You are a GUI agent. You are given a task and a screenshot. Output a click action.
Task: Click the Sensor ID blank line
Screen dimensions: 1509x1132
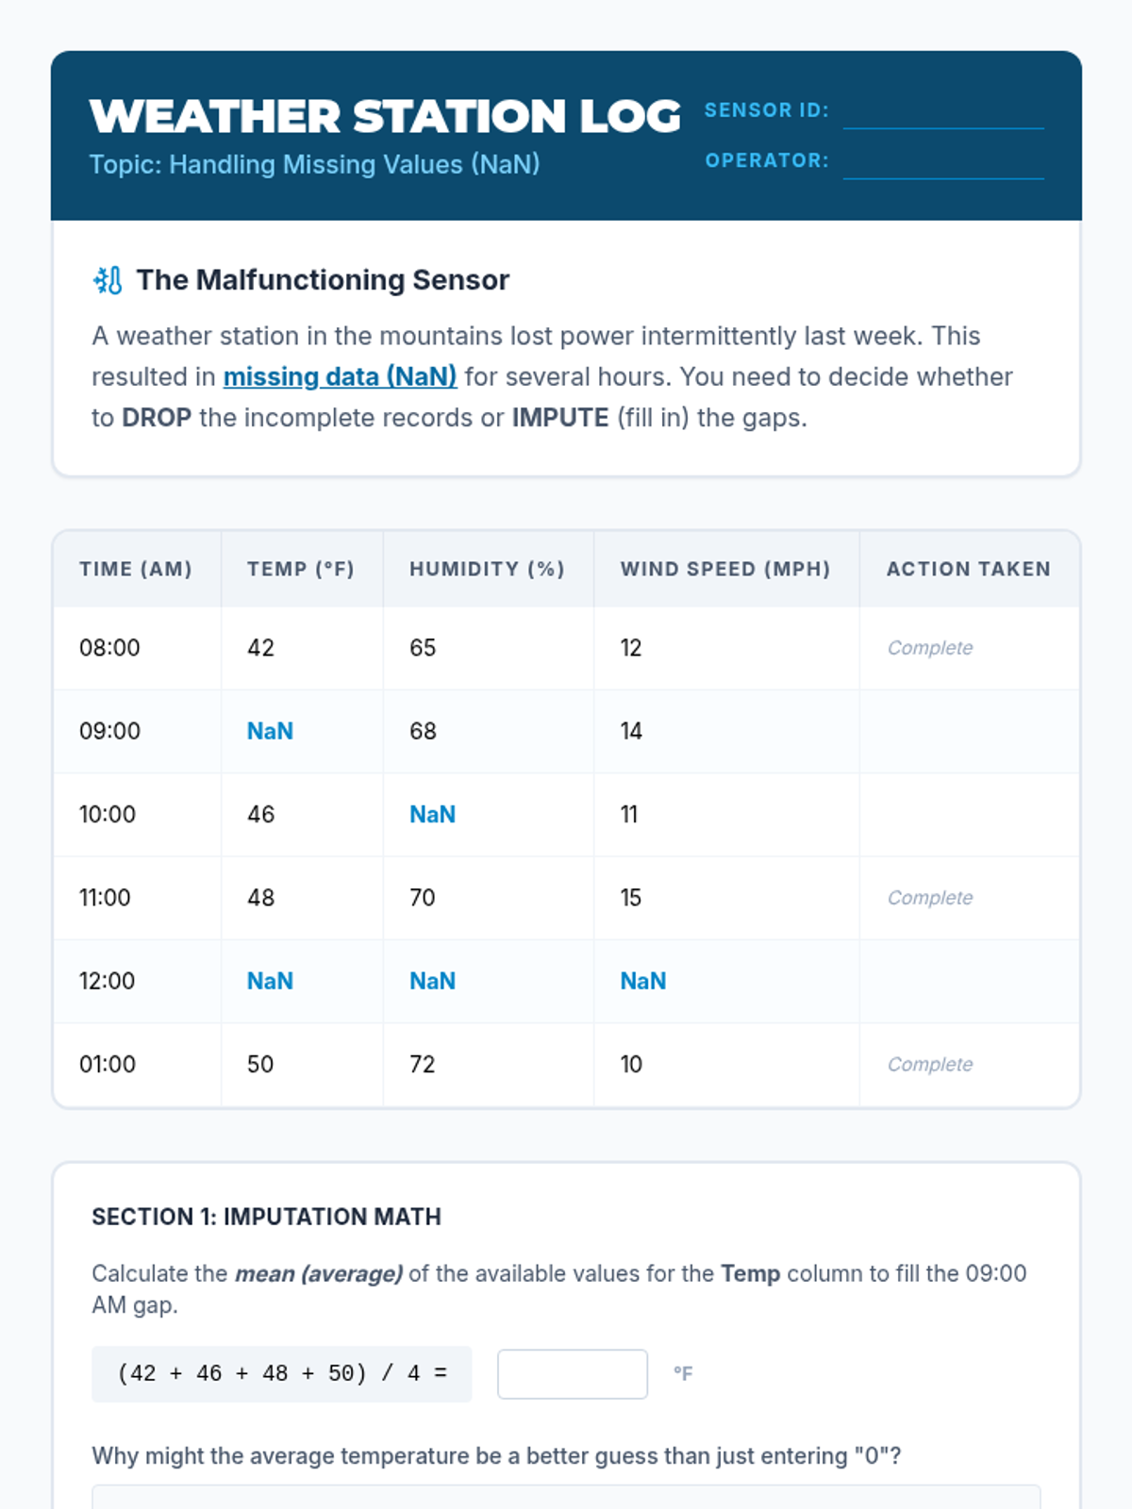tap(943, 113)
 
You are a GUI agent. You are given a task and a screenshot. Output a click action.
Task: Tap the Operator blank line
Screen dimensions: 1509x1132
tap(943, 163)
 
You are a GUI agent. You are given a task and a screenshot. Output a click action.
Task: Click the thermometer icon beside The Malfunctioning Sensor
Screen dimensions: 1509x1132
tap(108, 280)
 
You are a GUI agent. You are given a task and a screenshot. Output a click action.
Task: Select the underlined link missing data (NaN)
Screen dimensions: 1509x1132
tap(340, 376)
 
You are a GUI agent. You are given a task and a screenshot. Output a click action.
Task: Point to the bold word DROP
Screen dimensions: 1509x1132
tap(157, 418)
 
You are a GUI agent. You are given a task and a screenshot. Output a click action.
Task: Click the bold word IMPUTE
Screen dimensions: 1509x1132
tap(560, 418)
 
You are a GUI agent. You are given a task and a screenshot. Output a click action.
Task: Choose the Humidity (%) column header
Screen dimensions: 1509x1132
tap(487, 569)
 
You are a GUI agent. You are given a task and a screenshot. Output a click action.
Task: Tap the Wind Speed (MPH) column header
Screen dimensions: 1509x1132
tap(724, 569)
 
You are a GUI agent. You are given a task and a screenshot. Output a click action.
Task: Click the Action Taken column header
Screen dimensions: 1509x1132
tap(968, 569)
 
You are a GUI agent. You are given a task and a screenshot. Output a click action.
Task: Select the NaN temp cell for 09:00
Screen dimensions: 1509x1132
tap(270, 731)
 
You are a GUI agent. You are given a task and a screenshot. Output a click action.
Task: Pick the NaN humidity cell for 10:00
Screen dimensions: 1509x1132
tap(432, 814)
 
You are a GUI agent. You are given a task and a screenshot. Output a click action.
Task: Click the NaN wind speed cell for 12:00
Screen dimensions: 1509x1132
tap(642, 981)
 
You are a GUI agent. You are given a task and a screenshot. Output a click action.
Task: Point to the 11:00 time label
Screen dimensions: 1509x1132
tap(105, 897)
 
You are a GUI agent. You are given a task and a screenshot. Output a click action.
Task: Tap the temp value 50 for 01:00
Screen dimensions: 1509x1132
tap(260, 1064)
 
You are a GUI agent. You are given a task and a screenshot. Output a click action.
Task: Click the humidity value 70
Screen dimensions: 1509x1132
tap(423, 897)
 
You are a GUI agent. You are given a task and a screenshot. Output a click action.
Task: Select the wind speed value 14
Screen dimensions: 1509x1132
tap(631, 731)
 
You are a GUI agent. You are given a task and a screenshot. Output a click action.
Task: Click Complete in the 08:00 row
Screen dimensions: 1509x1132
tap(929, 648)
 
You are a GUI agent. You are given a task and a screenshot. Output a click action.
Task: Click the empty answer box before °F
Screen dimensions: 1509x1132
tap(572, 1374)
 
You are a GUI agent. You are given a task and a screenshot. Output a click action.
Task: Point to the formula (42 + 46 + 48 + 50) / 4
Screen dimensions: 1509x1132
tap(281, 1374)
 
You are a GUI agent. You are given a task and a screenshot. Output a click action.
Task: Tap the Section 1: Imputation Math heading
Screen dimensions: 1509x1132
tap(266, 1217)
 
